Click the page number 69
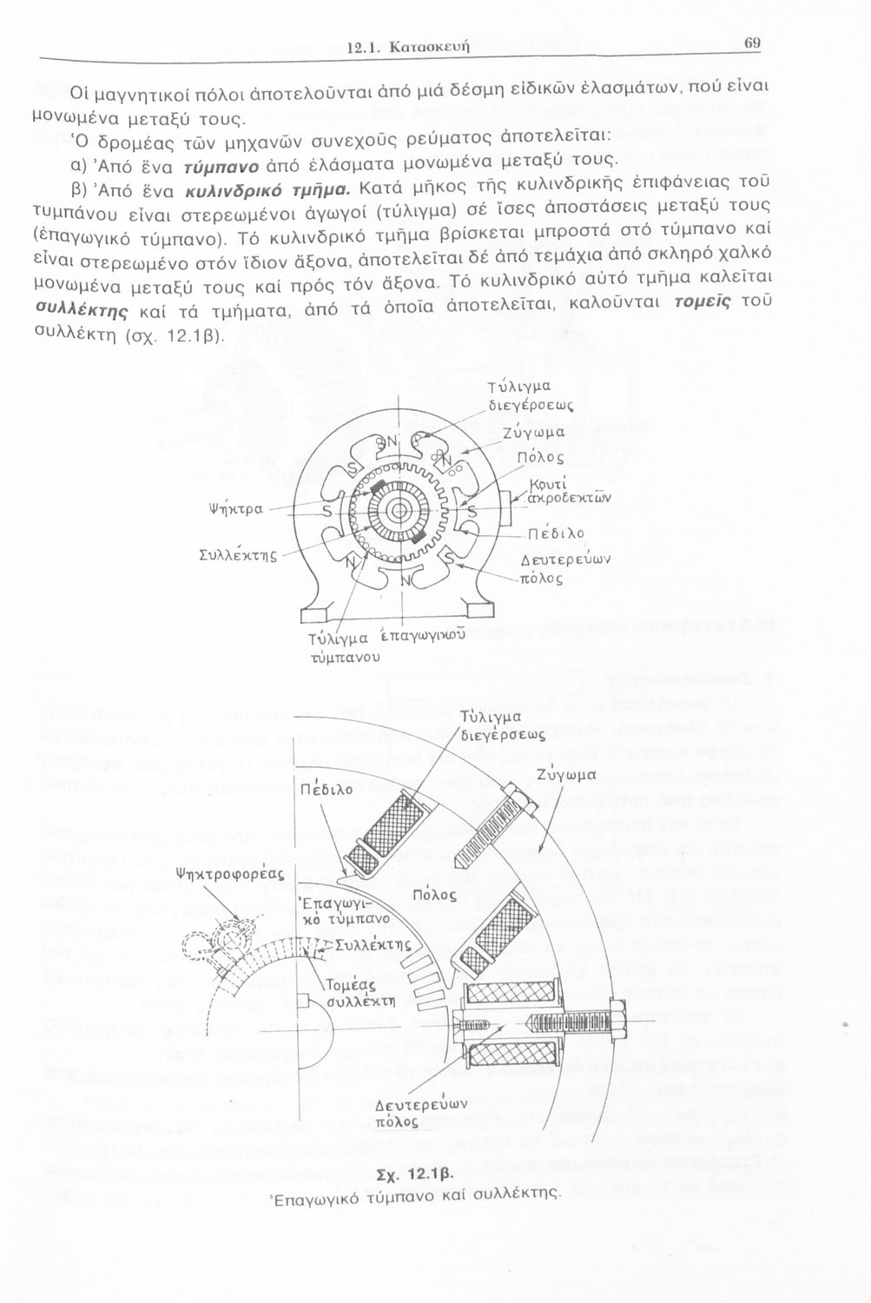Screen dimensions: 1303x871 pyautogui.click(x=752, y=43)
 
